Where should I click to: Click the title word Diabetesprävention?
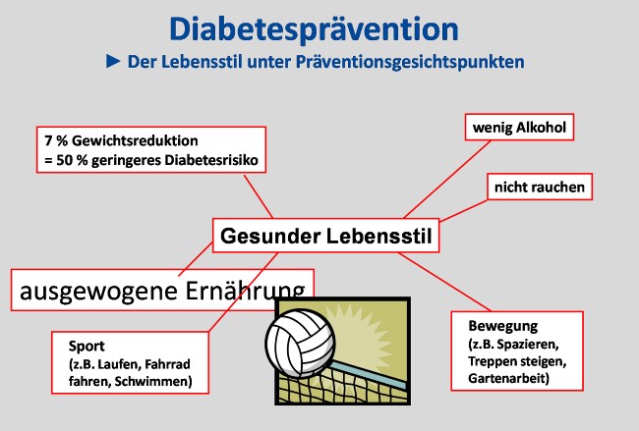click(314, 30)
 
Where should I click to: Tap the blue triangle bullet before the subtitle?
click(113, 62)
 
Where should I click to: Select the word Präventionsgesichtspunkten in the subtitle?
click(410, 62)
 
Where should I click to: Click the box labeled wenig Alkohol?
click(519, 128)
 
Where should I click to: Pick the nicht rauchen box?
click(540, 187)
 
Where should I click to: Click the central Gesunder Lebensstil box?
click(325, 236)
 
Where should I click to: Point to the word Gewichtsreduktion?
click(135, 140)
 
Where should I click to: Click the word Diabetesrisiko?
click(211, 160)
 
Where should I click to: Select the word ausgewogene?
click(98, 292)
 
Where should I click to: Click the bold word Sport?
click(87, 347)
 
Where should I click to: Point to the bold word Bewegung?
click(503, 326)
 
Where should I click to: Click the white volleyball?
click(301, 343)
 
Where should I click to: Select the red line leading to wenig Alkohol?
click(447, 180)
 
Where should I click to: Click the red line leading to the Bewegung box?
click(444, 282)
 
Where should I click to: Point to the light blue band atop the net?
click(368, 375)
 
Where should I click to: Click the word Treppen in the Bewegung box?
click(488, 361)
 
